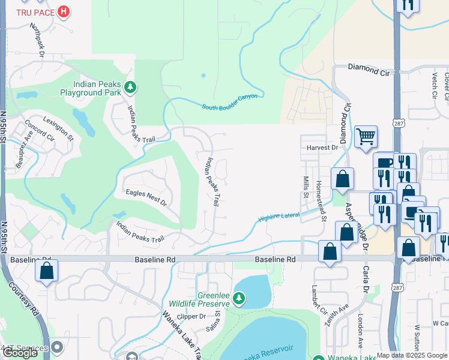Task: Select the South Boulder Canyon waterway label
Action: [229, 101]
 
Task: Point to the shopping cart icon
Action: [366, 136]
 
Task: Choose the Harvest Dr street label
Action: [322, 147]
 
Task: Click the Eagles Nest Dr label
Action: [145, 195]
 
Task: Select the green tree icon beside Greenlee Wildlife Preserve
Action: [239, 298]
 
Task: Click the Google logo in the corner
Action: [20, 353]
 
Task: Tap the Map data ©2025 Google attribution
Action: [412, 355]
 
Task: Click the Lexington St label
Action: [58, 129]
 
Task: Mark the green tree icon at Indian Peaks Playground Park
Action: [130, 89]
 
